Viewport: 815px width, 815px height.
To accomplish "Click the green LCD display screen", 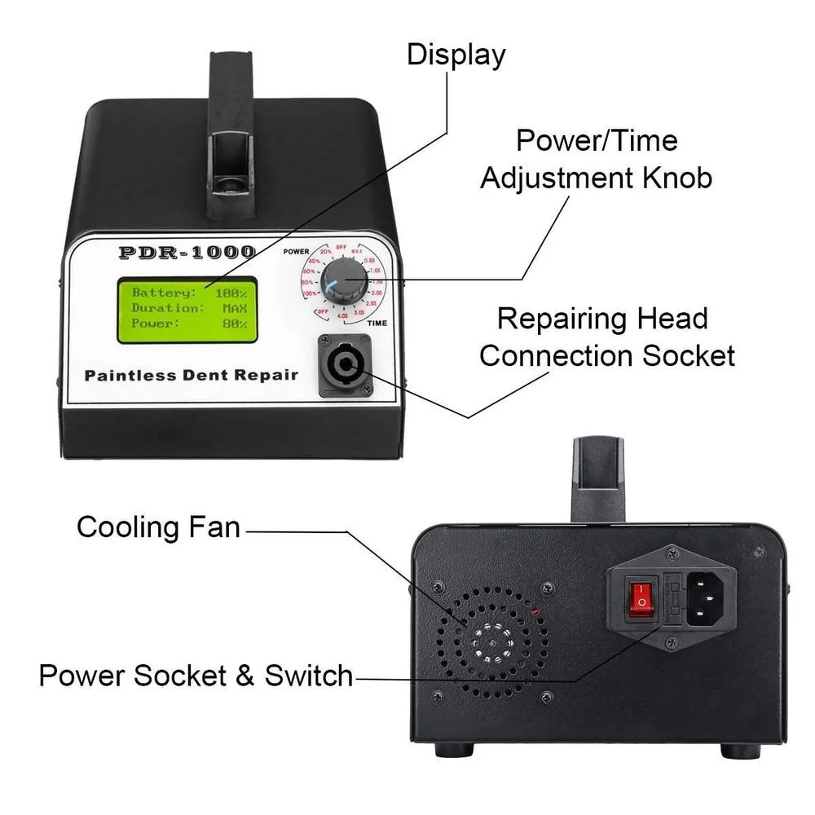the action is tap(187, 309).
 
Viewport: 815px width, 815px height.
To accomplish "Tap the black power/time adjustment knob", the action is tap(335, 283).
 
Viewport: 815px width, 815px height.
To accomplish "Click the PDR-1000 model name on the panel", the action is tap(187, 252).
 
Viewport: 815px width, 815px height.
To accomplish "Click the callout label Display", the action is tap(456, 55).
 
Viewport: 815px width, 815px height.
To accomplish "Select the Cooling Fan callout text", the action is tap(159, 526).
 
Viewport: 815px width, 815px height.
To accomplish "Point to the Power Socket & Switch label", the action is tap(196, 676).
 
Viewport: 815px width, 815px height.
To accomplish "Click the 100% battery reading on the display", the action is tap(231, 293).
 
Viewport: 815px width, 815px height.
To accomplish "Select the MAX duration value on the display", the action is tap(234, 309).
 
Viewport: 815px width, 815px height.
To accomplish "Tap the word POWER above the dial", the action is tap(297, 252).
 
